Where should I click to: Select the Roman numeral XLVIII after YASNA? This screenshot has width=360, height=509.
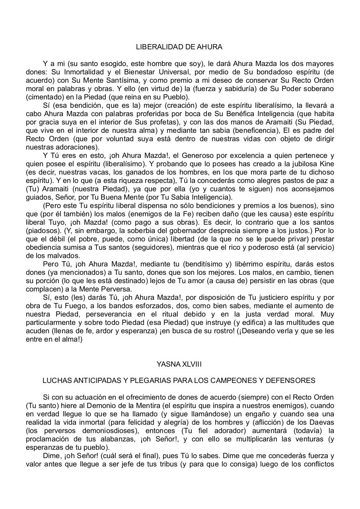(x=189, y=364)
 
